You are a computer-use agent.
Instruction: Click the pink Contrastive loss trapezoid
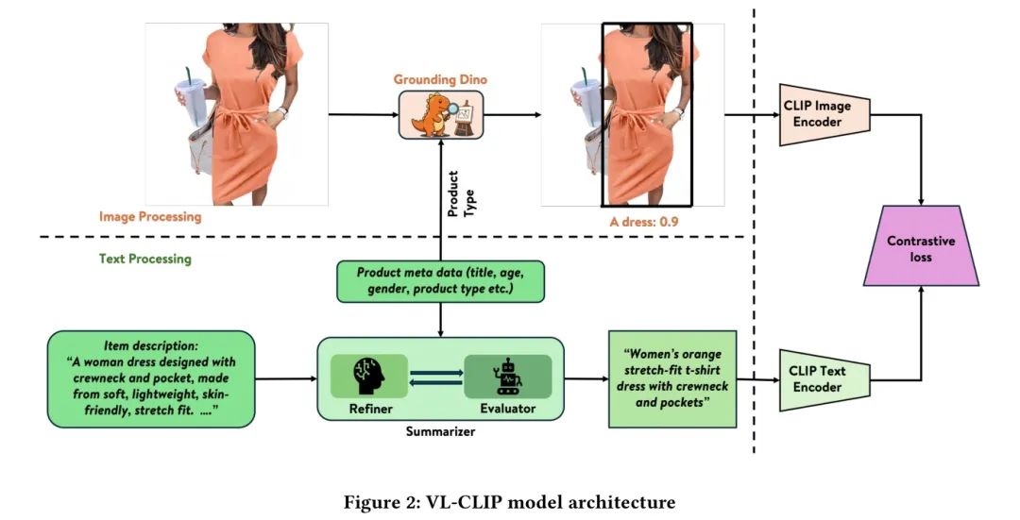[921, 247]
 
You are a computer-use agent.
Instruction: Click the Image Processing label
[150, 216]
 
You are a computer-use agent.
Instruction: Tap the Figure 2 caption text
[509, 502]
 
